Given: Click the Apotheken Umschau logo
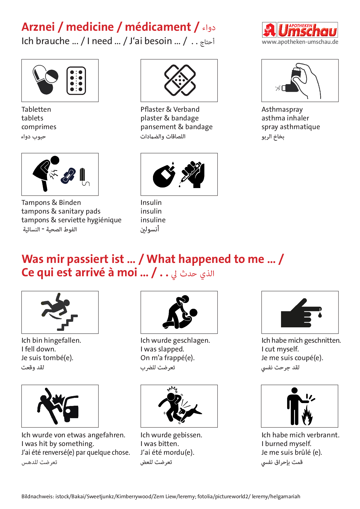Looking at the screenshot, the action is [300, 30].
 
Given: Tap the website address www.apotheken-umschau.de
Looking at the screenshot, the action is [300, 42].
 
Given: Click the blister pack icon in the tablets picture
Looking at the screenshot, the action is [76, 81].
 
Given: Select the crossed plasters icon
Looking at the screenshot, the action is [180, 80].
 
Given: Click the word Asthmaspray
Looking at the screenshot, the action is [282, 110].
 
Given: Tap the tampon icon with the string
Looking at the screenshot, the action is [84, 177].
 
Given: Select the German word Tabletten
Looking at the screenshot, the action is [36, 109].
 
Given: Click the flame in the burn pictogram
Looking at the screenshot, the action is [307, 415].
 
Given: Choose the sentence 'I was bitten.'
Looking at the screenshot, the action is [160, 444].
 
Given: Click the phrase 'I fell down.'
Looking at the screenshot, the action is [39, 349].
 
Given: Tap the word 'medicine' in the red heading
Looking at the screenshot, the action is [90, 27].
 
